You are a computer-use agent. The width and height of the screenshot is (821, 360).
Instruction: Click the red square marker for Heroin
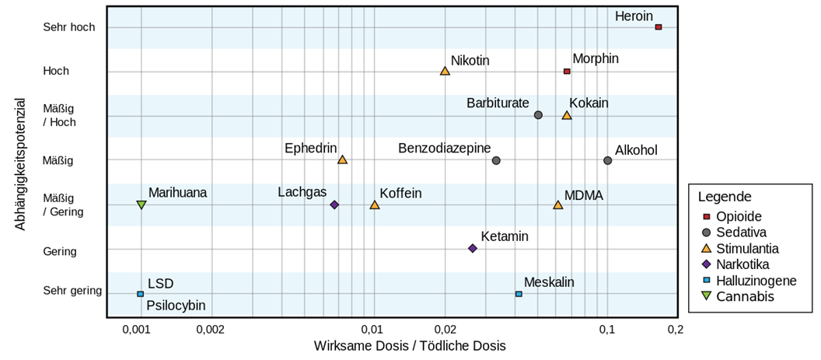pos(658,27)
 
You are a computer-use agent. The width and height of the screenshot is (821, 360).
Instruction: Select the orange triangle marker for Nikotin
pos(445,71)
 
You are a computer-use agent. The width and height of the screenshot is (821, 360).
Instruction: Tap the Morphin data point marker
pos(567,72)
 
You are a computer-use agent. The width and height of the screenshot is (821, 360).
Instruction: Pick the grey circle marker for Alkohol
pos(607,160)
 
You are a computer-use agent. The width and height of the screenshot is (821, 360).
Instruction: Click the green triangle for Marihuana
pos(141,204)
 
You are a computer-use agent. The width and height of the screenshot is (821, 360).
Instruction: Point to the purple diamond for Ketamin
pos(472,248)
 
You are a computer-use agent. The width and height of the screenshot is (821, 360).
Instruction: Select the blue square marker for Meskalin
pos(519,294)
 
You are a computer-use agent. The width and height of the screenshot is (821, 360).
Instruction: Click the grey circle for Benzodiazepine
pos(496,160)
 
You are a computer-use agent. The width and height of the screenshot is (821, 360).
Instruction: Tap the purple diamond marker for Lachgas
pos(334,204)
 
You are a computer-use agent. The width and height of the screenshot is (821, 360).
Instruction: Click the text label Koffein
pos(400,193)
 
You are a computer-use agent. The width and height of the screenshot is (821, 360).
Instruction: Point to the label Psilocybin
pos(176,306)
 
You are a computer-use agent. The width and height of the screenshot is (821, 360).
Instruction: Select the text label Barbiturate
pos(498,103)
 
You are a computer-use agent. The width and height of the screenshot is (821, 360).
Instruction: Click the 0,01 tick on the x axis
pos(373,329)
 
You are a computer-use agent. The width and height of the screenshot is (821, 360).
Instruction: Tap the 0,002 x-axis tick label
pos(211,329)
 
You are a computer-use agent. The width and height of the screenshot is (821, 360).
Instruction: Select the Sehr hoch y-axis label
pos(69,27)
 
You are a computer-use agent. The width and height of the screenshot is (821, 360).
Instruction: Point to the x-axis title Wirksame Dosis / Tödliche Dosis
pos(409,345)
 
